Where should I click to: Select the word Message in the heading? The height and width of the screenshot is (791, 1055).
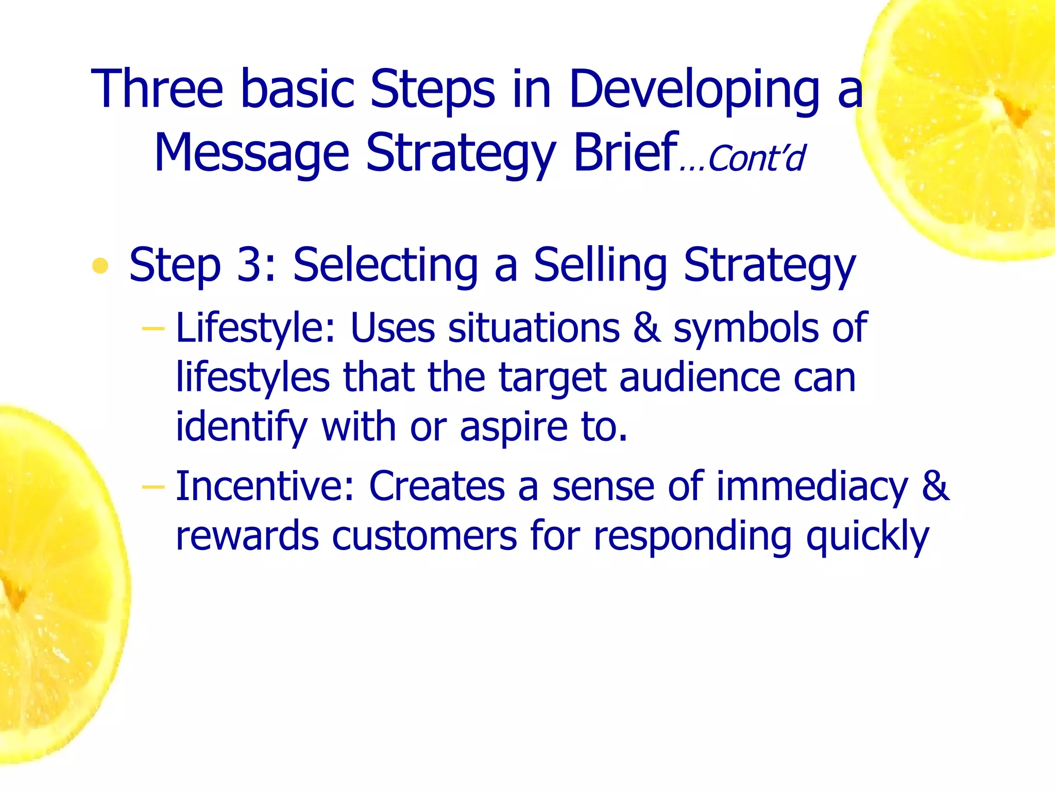[251, 153]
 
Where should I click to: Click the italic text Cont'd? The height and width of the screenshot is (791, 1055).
[756, 159]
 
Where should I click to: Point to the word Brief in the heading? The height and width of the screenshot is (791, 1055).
[625, 152]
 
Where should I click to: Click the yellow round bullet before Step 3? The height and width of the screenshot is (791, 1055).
[100, 266]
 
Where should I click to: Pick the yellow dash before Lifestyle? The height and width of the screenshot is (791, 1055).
[153, 328]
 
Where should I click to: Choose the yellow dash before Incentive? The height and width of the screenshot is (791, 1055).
[153, 486]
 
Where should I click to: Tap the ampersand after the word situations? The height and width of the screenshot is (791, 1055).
[646, 328]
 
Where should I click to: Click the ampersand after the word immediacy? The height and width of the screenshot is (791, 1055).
[935, 486]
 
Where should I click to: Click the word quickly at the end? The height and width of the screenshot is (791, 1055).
[867, 537]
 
